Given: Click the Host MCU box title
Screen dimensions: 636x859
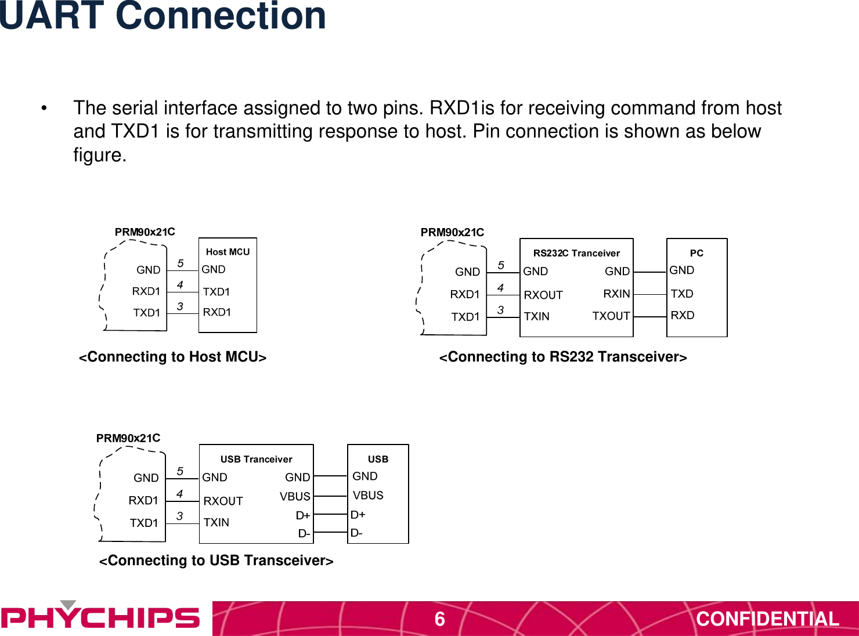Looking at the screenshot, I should coord(228,252).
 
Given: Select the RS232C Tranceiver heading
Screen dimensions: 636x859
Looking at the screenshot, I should coord(576,253).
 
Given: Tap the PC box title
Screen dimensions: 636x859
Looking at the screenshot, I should coord(696,253).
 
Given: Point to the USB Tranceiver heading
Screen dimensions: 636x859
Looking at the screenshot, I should coord(256,459).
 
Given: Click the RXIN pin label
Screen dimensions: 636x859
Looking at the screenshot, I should coord(616,294).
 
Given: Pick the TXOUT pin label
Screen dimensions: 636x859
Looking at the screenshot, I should coord(611,316).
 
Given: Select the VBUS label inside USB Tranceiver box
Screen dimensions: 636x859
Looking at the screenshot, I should coord(295,496).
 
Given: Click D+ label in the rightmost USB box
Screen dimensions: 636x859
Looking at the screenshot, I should coord(358,514).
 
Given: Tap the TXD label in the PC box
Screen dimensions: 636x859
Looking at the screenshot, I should coord(682,294).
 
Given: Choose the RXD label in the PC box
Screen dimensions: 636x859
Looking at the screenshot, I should coord(683,315).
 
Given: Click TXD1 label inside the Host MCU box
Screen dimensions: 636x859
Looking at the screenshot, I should coord(216,291).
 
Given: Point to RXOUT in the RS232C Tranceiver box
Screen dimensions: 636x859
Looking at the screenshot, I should coord(543,295).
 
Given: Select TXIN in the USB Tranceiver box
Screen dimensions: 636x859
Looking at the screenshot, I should coord(216,522).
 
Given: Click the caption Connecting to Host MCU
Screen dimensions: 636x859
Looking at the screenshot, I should coord(173,357).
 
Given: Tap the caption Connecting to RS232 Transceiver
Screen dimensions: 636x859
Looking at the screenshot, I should coord(563,357).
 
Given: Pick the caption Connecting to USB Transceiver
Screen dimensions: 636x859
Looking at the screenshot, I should coord(216,561).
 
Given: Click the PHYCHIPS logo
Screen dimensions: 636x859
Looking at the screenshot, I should coord(100,617).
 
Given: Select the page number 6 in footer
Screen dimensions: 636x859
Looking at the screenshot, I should coord(440,619).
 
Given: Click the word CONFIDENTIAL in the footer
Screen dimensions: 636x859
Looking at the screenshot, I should coord(767,619).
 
